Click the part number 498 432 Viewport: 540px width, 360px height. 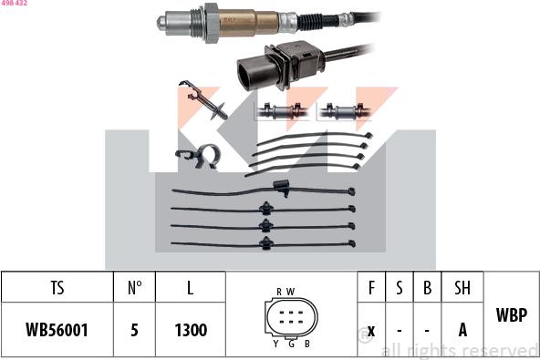(15, 4)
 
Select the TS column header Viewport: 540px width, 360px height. (57, 288)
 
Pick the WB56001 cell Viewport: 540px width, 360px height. (57, 330)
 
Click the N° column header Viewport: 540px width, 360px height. (134, 288)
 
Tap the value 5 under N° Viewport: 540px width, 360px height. (134, 330)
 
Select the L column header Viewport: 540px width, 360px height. (190, 288)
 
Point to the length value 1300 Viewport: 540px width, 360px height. (190, 330)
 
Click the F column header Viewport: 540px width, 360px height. (371, 288)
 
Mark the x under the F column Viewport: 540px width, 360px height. (371, 330)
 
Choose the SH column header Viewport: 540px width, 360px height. (462, 288)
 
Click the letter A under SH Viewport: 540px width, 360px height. (462, 330)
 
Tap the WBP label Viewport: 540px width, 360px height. (511, 315)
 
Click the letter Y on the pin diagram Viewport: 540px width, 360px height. (275, 343)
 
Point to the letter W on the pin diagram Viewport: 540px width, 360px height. (291, 291)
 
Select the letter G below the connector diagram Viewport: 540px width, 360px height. (291, 343)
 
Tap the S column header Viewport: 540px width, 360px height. (399, 288)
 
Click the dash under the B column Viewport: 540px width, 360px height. (426, 330)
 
